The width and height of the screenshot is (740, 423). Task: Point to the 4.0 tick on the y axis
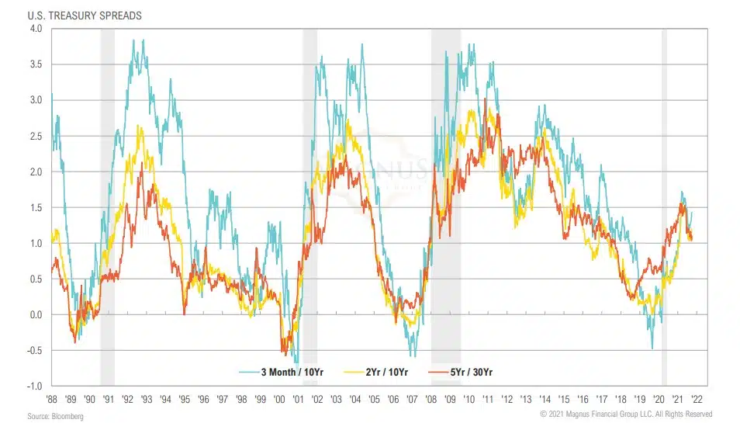(x=36, y=29)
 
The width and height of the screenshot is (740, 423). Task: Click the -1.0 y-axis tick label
(x=35, y=386)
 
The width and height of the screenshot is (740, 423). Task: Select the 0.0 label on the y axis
(x=36, y=314)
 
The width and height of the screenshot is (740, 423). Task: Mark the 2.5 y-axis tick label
(x=36, y=136)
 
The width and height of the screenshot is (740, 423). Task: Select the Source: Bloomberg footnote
(x=56, y=417)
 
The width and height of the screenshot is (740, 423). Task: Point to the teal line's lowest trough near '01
(x=296, y=381)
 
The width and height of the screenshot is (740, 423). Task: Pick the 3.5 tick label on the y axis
(x=36, y=64)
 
